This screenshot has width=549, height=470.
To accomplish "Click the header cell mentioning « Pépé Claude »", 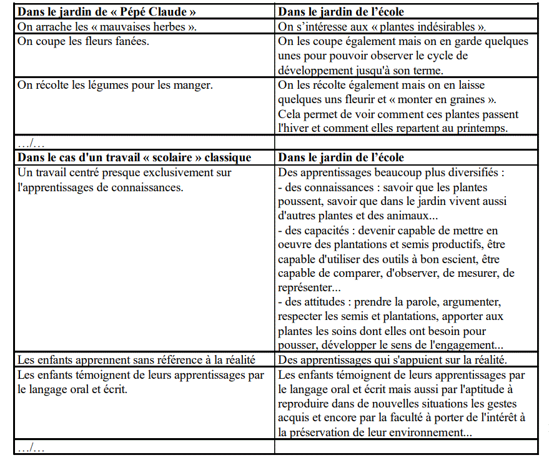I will coord(102,12).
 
